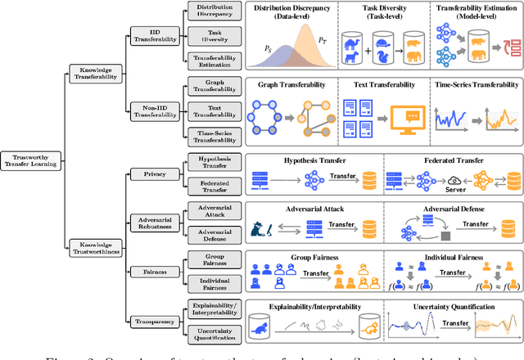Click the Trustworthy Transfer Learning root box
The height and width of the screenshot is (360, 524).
click(31, 159)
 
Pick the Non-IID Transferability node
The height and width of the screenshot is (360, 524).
click(153, 110)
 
